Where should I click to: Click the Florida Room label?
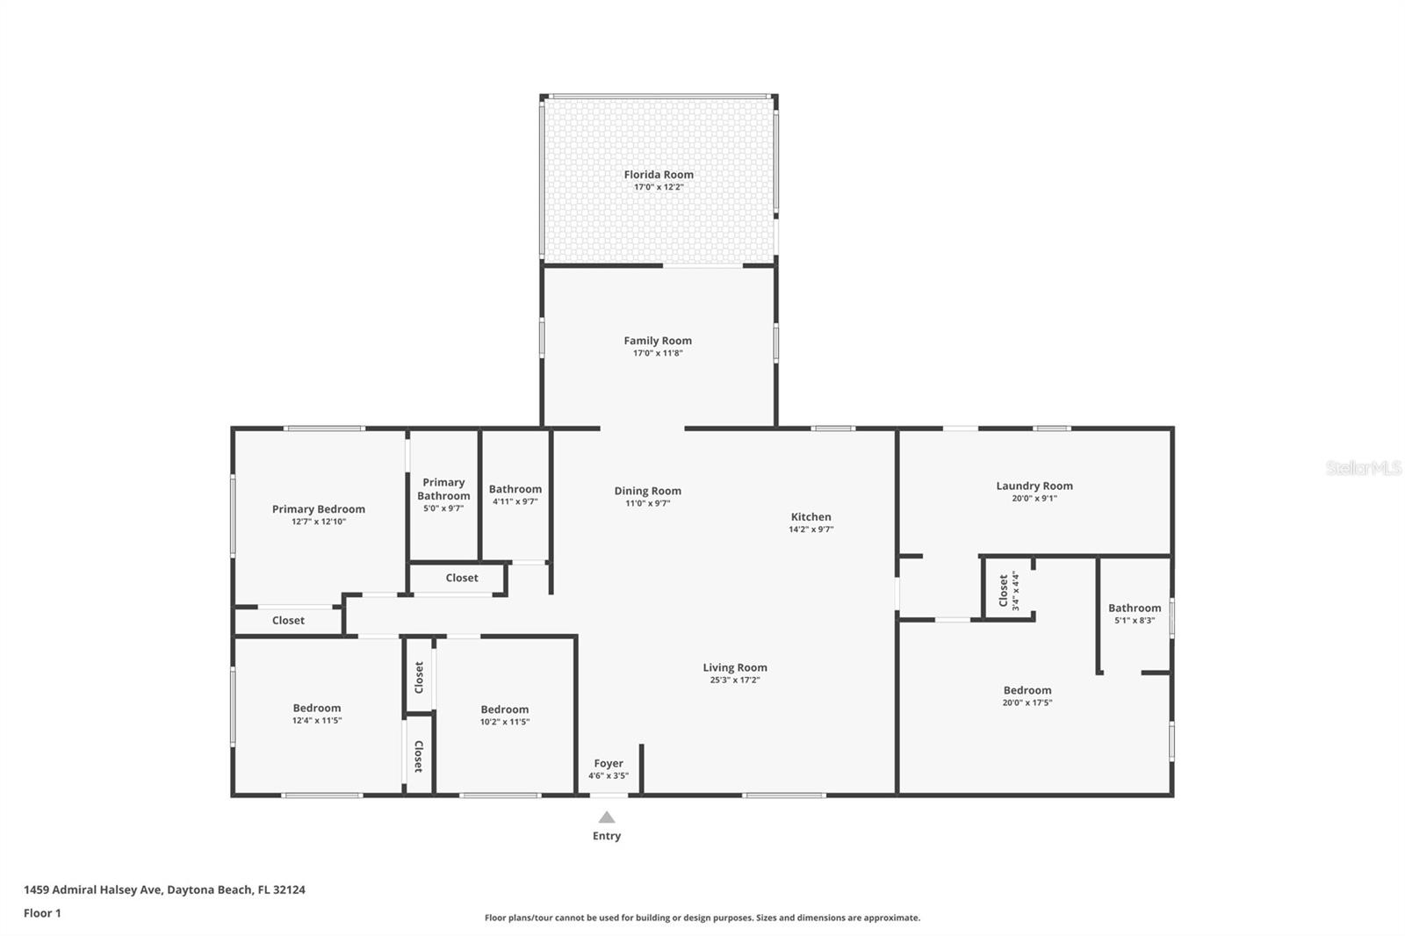659,175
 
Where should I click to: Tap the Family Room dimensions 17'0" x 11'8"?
658,353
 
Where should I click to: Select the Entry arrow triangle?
607,817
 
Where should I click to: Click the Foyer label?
609,764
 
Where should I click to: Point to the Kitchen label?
811,517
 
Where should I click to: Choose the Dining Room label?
647,491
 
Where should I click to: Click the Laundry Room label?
1034,486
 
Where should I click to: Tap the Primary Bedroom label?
318,509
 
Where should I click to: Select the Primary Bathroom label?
443,489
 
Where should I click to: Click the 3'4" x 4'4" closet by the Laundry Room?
1008,591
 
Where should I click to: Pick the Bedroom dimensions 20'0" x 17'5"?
1027,702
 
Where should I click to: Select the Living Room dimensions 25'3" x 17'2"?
734,680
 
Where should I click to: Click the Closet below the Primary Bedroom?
288,621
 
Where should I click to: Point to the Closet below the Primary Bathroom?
462,578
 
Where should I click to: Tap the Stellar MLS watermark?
1363,468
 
